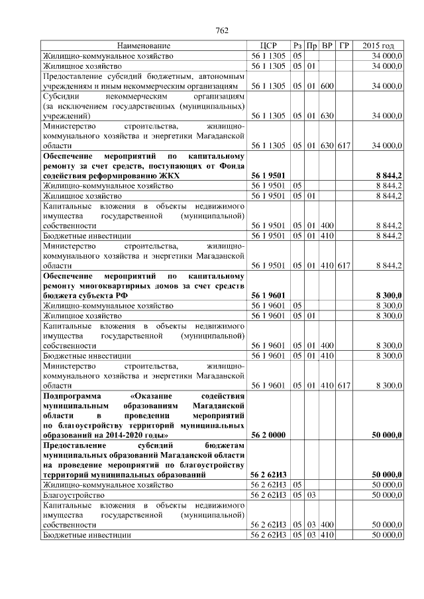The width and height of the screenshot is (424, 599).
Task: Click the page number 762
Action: pyautogui.click(x=222, y=30)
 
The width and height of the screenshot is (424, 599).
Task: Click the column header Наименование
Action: pyautogui.click(x=144, y=46)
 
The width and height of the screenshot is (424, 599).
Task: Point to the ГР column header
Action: pyautogui.click(x=343, y=46)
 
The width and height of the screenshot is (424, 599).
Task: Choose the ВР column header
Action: pyautogui.click(x=327, y=46)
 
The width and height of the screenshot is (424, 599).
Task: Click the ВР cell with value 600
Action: pyautogui.click(x=327, y=86)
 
